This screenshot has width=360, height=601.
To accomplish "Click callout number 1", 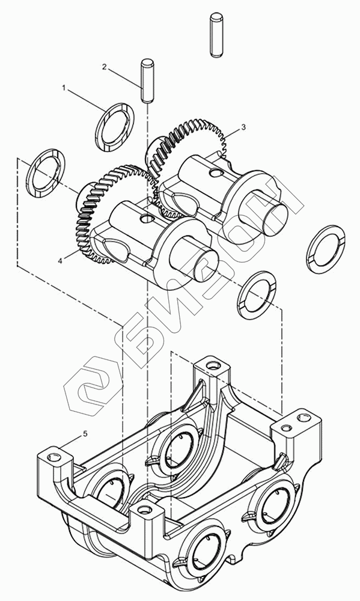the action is tap(65, 88).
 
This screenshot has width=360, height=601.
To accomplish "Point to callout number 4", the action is tap(60, 261).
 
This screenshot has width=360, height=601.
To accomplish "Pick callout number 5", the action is tap(85, 433).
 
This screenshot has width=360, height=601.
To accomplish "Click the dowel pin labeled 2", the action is tap(147, 81).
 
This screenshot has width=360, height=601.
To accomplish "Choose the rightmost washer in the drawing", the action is tap(326, 249).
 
